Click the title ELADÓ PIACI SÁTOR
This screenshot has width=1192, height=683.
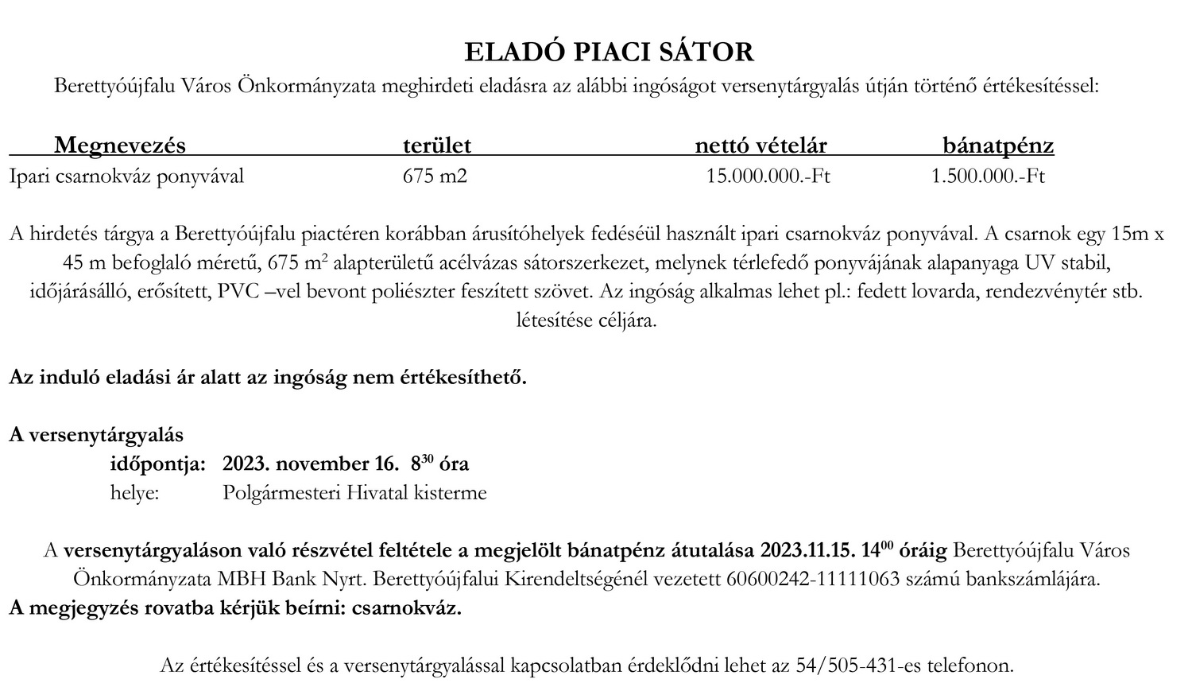pos(609,52)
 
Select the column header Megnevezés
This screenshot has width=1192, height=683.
pos(119,146)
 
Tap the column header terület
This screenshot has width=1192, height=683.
pos(436,146)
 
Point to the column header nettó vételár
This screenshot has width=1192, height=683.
pos(760,146)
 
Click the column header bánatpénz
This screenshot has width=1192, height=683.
pos(998,146)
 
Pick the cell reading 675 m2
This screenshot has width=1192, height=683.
pos(435,176)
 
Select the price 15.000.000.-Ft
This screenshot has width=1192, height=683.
pos(768,176)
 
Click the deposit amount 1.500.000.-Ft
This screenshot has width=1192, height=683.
pos(988,176)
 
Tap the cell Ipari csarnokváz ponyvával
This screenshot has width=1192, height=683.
pos(126,176)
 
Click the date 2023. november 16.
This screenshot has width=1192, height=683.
pos(311,464)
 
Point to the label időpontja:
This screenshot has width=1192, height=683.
pos(157,464)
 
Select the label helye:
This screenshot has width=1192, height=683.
pos(134,493)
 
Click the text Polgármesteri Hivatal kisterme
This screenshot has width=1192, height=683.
pos(354,493)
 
